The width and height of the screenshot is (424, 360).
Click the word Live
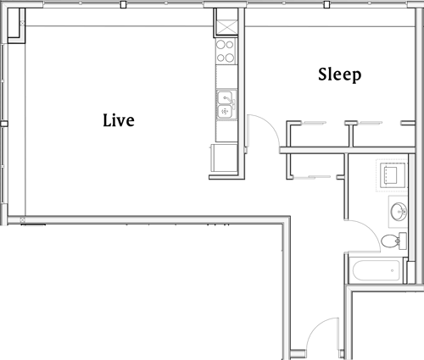coord(118,120)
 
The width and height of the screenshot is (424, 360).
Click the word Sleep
coord(339,75)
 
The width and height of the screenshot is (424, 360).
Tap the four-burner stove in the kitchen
coord(226,52)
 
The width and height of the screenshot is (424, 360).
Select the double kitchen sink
coord(226,103)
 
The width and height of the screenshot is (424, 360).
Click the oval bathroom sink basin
coord(399,209)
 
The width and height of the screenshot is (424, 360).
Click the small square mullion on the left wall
coord(4,124)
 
